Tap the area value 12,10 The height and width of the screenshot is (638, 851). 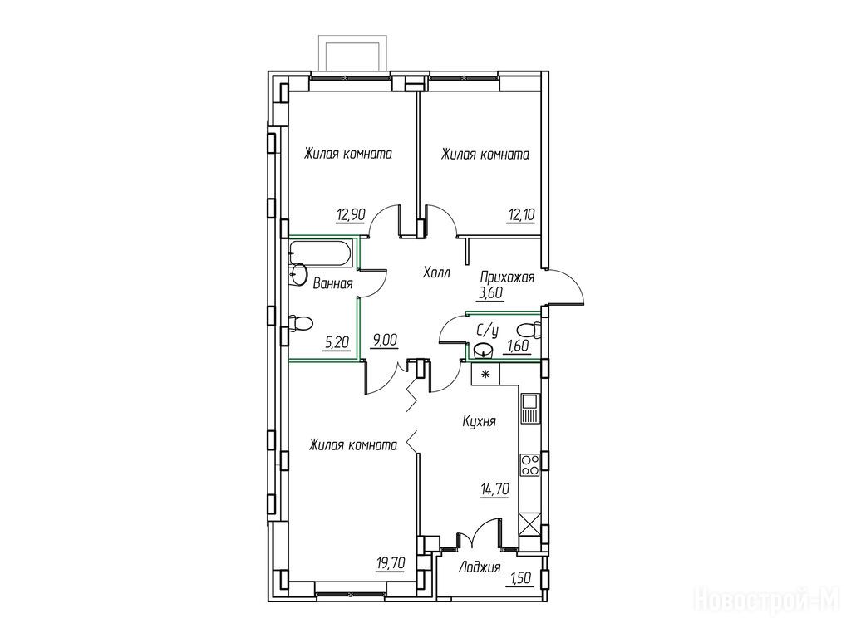[x=522, y=215]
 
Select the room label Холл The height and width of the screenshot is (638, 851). [x=436, y=272]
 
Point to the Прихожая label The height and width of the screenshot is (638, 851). [x=507, y=277]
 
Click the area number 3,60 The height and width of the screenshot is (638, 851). [x=490, y=293]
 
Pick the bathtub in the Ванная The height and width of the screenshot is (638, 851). [x=321, y=254]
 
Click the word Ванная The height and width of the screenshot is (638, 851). [x=333, y=283]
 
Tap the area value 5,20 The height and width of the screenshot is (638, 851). [x=336, y=342]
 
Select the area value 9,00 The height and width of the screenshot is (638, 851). [x=384, y=340]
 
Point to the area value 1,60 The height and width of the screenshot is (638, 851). [x=516, y=346]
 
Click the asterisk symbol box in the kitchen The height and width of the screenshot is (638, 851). [x=485, y=375]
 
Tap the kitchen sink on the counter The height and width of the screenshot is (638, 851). [x=529, y=409]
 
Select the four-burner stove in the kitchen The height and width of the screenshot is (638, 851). [x=529, y=464]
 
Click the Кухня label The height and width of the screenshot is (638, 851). [x=480, y=421]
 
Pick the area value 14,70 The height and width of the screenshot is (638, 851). [x=494, y=489]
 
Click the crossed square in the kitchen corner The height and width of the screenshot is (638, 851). [x=529, y=525]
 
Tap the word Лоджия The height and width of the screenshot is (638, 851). [x=480, y=568]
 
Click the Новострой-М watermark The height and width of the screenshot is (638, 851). [x=770, y=601]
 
